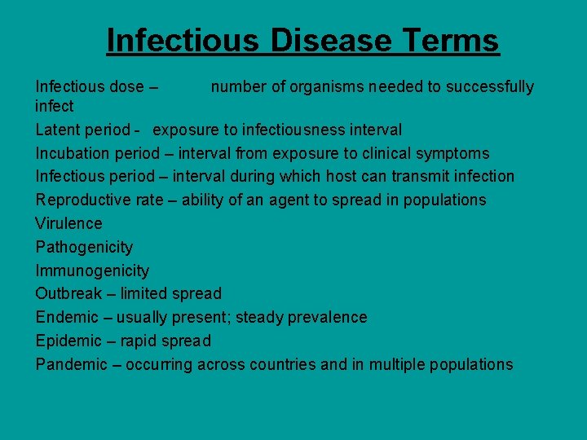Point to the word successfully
coord(493,87)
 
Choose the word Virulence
coord(69,223)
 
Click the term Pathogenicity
coord(84,247)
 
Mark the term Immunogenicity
coord(92,271)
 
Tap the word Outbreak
coord(68,293)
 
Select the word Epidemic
coord(68,341)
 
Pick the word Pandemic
coord(71,364)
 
